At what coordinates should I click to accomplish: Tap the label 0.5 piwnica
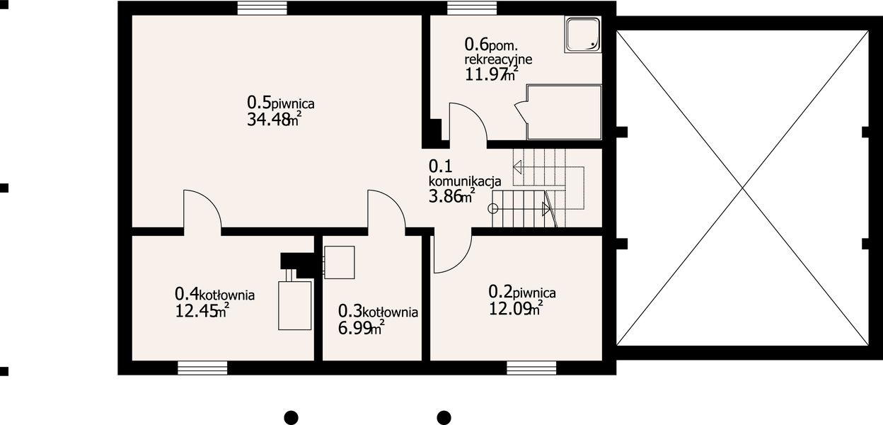click(x=280, y=103)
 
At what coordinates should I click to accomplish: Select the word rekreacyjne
click(x=498, y=59)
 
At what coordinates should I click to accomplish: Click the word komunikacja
click(x=465, y=181)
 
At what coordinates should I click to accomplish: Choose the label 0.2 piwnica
click(x=522, y=291)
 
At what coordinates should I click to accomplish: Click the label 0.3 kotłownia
click(x=378, y=311)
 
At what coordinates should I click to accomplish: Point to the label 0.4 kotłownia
click(x=214, y=293)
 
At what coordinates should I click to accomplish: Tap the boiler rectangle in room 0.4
click(x=295, y=305)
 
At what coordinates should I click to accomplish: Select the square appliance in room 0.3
click(x=339, y=262)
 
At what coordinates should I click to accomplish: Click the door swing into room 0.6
click(x=468, y=124)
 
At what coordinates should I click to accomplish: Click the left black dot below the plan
click(x=290, y=416)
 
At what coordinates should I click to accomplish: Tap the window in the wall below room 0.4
click(x=202, y=368)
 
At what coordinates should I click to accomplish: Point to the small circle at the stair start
click(x=493, y=208)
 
